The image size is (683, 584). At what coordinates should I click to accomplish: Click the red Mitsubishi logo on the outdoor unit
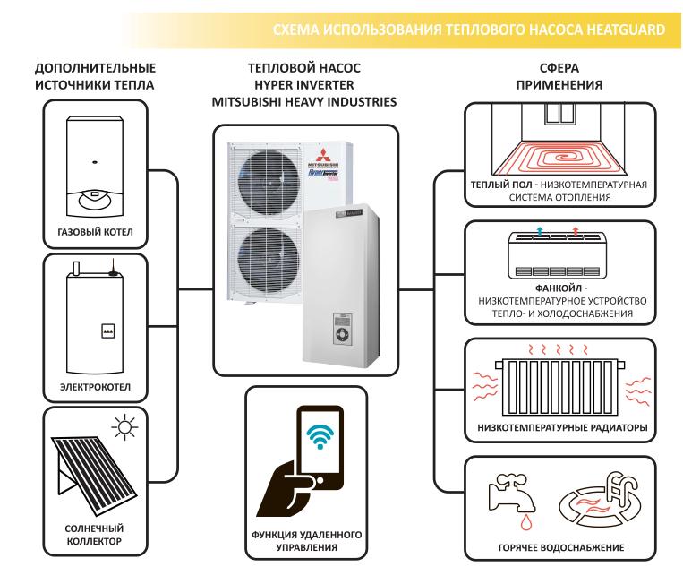tap(330, 150)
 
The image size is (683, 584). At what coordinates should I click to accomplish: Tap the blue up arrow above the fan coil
tap(540, 231)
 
